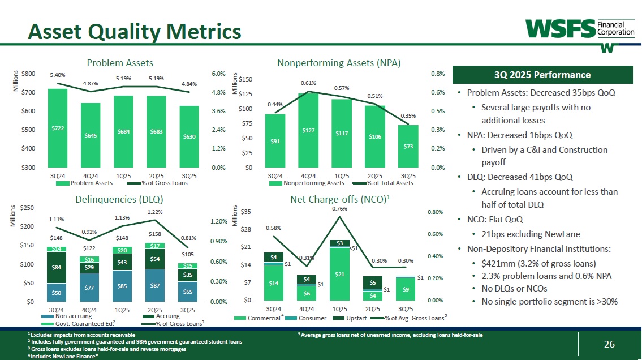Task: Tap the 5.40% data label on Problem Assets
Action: coord(58,75)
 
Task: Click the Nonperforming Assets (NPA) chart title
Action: coord(339,63)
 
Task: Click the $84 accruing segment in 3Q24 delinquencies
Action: coord(57,267)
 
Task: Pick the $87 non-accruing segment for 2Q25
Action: coord(154,285)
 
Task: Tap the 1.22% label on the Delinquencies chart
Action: coord(155,212)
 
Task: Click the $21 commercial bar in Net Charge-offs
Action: coord(339,274)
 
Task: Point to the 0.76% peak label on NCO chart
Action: coord(339,209)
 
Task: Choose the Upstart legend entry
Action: coord(361,318)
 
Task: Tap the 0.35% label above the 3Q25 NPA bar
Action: coord(408,115)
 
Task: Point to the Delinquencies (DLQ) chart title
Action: coord(119,199)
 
